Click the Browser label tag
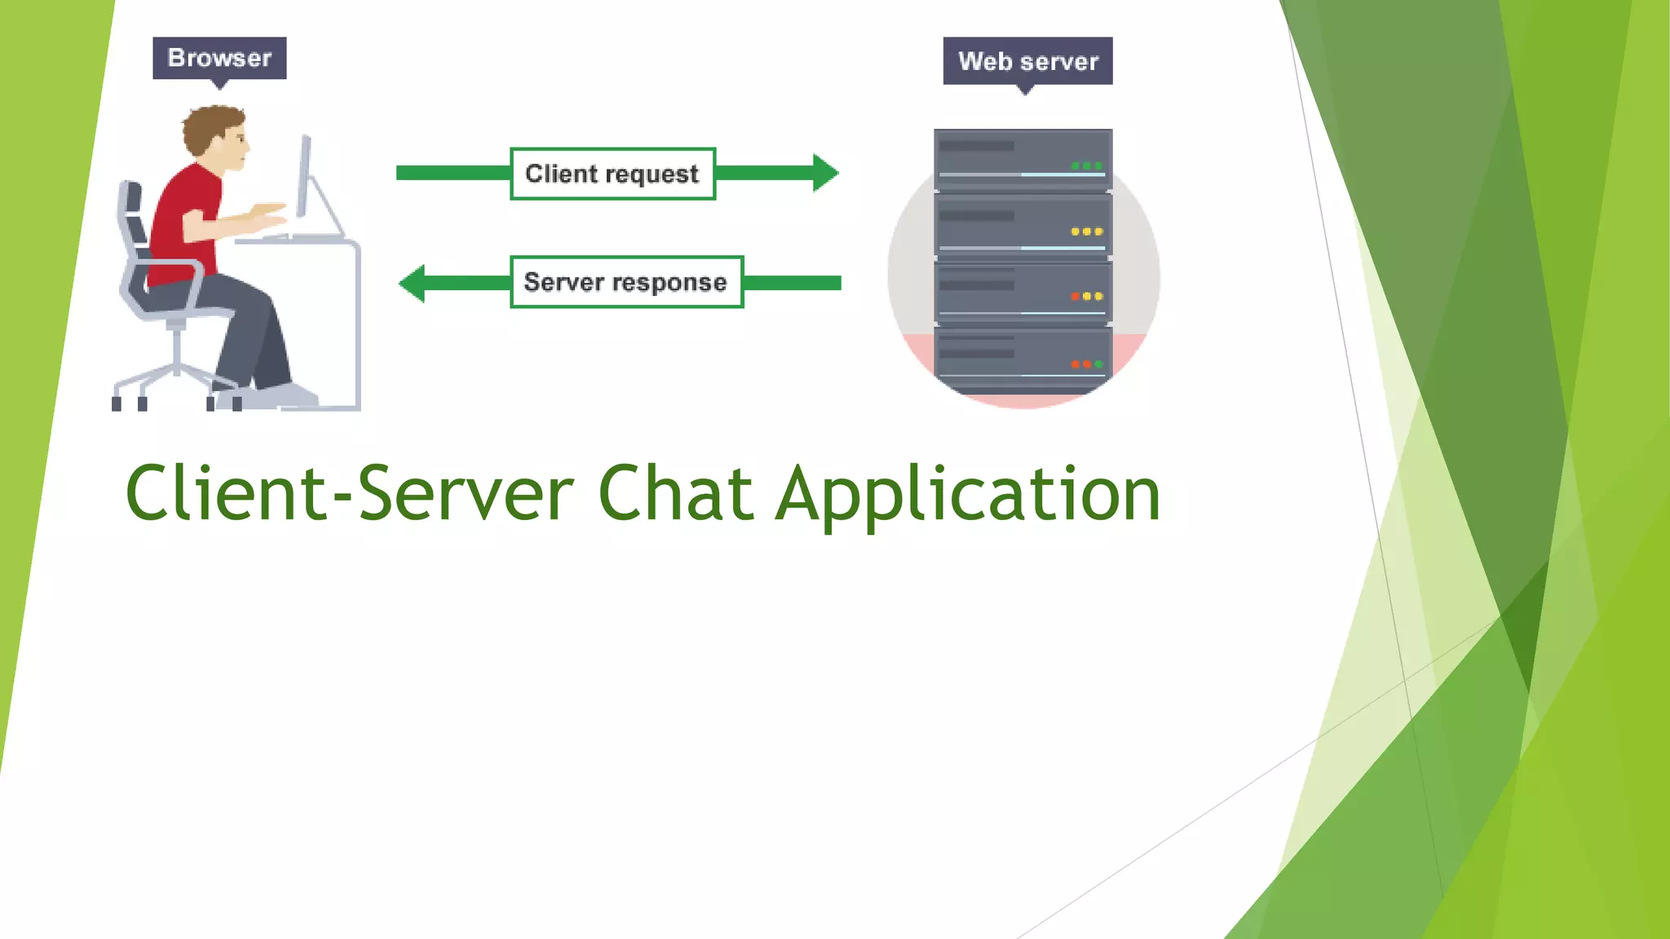click(219, 58)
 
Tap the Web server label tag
click(1027, 61)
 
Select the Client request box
click(612, 174)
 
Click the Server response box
click(626, 282)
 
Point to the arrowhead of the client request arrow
click(825, 173)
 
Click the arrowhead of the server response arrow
click(413, 283)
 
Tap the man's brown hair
click(209, 126)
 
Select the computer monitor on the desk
click(304, 175)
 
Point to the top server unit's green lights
click(1086, 165)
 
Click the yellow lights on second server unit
click(1086, 231)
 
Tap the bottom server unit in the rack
click(1023, 359)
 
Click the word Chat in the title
click(674, 494)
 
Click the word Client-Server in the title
click(349, 494)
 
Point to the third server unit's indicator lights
click(1086, 297)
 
